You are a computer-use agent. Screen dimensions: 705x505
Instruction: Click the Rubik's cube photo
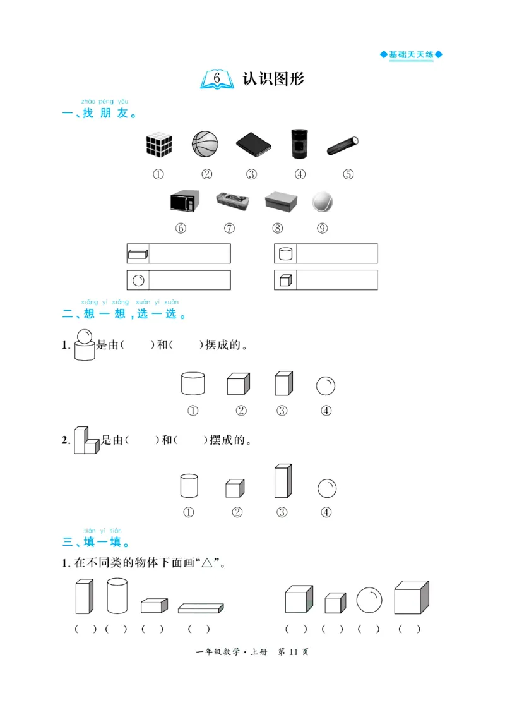[159, 145]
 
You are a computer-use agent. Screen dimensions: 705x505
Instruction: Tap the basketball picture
[205, 144]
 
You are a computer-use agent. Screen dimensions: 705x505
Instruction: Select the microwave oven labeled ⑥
[184, 202]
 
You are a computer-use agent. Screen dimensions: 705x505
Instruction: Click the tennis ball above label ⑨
[322, 202]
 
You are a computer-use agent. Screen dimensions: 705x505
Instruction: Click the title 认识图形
[273, 79]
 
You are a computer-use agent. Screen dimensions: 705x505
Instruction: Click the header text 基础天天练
[411, 55]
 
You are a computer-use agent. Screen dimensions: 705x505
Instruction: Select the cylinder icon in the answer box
[285, 254]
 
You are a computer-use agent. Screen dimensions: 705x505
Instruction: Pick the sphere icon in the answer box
[138, 280]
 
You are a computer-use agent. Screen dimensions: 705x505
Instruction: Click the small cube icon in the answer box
[285, 280]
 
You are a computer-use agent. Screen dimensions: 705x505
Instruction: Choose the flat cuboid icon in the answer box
[138, 254]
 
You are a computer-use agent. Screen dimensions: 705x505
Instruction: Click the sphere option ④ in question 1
[326, 385]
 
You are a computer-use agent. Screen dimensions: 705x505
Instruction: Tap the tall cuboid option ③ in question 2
[282, 481]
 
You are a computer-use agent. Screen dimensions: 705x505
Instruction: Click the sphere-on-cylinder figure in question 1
[84, 346]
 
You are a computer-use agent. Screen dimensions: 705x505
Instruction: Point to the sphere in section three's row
[369, 600]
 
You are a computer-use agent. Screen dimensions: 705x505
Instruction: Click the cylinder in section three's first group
[117, 597]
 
